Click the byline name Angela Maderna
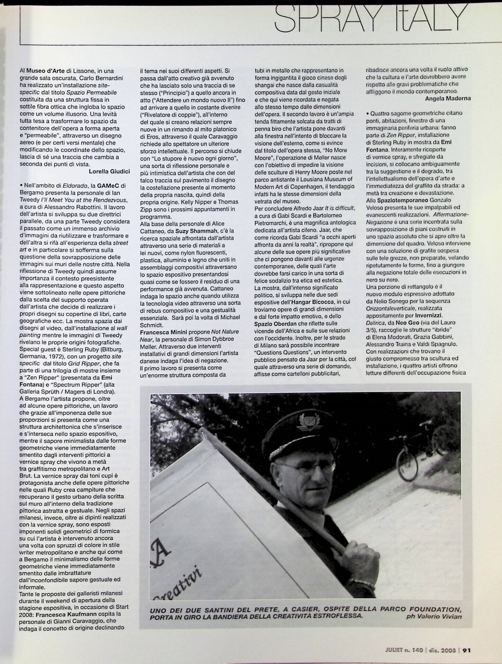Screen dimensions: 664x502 click(x=448, y=98)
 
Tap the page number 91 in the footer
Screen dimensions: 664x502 click(x=466, y=650)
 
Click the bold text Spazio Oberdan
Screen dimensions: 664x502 click(x=276, y=323)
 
